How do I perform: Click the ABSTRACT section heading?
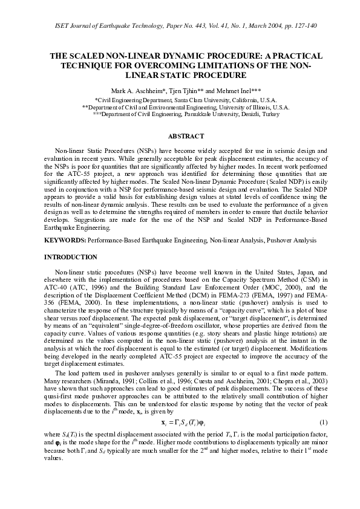coord(180,136)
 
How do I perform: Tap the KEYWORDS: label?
coord(66,241)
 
